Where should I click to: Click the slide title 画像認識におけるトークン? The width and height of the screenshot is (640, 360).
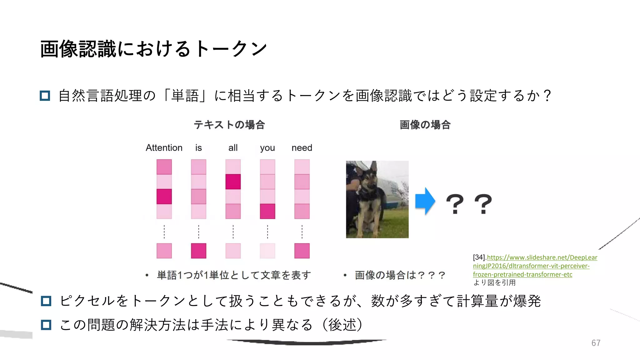click(x=153, y=49)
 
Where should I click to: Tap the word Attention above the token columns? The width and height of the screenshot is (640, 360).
click(x=164, y=147)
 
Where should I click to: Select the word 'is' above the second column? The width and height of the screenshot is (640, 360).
click(x=198, y=147)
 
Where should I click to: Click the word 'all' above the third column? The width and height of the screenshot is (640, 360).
click(x=233, y=147)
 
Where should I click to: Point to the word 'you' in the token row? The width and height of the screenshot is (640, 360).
click(x=267, y=148)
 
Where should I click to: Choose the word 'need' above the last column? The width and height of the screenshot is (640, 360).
click(x=302, y=147)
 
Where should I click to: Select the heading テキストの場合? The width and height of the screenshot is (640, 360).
click(x=229, y=125)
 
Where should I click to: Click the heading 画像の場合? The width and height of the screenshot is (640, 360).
click(x=425, y=125)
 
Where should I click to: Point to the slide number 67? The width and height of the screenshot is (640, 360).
click(x=596, y=343)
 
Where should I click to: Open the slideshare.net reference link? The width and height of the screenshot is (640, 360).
click(x=535, y=266)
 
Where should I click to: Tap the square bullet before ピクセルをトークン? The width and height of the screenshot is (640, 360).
click(x=46, y=301)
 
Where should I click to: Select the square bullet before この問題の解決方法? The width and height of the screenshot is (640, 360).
click(x=46, y=325)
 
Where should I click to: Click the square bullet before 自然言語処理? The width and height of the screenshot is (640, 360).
click(x=45, y=96)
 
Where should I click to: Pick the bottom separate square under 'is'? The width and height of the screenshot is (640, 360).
click(x=198, y=251)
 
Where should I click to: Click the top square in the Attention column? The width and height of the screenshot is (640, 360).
click(x=164, y=167)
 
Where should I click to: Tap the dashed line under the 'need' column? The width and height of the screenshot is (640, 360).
click(x=302, y=232)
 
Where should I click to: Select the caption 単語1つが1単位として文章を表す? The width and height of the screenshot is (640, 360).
click(x=234, y=275)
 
